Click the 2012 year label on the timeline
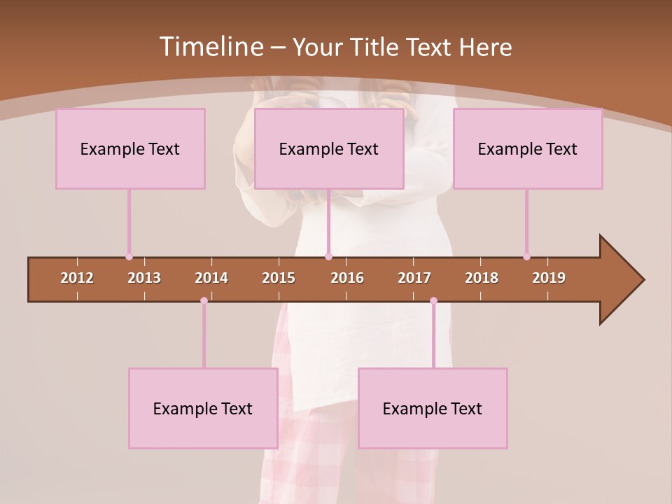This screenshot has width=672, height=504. [77, 278]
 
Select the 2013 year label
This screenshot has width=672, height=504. [144, 278]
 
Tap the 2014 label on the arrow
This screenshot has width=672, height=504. [211, 278]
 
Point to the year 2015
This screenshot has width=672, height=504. [279, 278]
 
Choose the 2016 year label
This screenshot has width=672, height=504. [347, 278]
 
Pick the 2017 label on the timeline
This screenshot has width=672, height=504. [414, 278]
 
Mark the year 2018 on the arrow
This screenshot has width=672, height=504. [482, 278]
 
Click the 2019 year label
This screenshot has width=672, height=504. [549, 278]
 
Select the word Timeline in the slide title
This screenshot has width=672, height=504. [210, 47]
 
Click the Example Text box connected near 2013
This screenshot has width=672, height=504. [130, 148]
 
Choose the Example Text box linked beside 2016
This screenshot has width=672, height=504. [329, 148]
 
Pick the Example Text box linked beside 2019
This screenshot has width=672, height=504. [528, 148]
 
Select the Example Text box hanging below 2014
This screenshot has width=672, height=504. [203, 408]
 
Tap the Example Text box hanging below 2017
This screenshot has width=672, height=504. [433, 408]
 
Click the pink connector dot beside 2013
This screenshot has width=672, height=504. [129, 257]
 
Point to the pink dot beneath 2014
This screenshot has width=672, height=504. [204, 301]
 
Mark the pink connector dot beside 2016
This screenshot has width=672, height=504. [329, 257]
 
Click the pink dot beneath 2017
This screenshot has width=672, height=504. [433, 301]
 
